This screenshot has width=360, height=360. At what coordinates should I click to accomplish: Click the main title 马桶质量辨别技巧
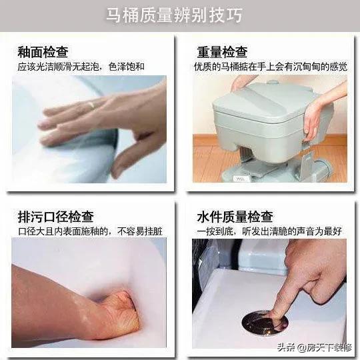174,15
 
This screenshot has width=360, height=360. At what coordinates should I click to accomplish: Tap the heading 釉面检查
43,52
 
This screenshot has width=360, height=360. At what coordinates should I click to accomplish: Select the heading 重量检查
222,52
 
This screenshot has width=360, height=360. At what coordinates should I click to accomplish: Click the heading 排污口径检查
56,217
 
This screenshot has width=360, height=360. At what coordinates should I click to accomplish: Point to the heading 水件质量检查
235,217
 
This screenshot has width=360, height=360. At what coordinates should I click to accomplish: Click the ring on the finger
91,105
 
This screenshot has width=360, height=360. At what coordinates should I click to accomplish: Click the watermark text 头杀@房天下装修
315,347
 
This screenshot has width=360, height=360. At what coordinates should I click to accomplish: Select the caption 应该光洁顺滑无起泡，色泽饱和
81,67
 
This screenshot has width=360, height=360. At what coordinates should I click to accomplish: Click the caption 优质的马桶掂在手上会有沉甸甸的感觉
271,67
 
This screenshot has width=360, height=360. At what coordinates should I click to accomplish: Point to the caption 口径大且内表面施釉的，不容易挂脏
90,231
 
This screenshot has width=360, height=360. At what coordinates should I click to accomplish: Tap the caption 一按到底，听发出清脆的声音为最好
269,231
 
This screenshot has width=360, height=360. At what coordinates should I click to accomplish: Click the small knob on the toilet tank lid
273,82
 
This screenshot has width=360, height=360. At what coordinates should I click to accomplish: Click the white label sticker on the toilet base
239,179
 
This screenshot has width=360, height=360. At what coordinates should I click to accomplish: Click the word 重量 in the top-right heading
209,52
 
